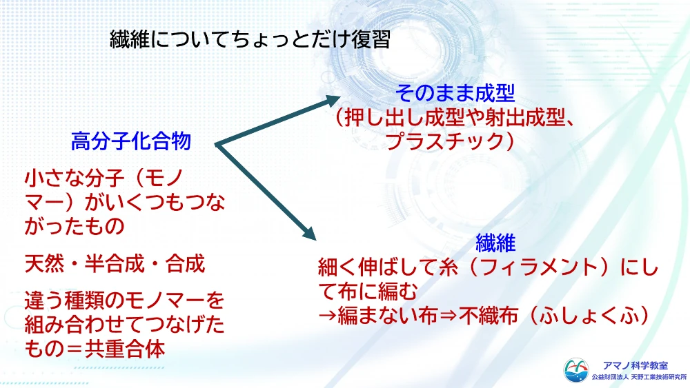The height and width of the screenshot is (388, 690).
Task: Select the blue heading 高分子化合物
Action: pyautogui.click(x=131, y=143)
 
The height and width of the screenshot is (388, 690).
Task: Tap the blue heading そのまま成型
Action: pyautogui.click(x=455, y=92)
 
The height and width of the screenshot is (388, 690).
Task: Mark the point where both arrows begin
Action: pyautogui.click(x=217, y=145)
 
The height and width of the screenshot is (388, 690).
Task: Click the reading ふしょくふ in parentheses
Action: pyautogui.click(x=604, y=316)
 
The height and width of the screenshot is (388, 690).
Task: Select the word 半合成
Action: pyautogui.click(x=115, y=263)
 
